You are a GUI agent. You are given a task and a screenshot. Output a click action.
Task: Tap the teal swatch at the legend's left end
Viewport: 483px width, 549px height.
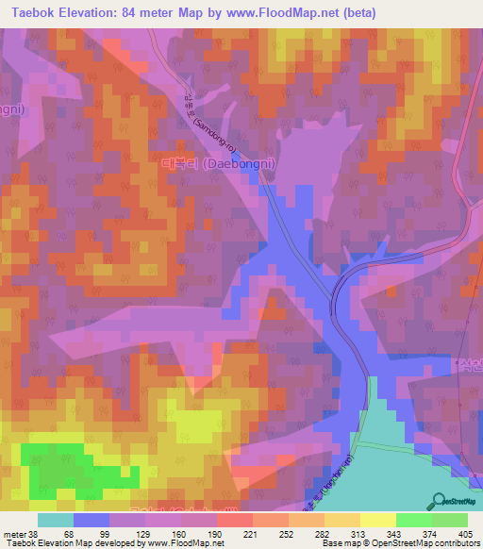(x=55, y=520)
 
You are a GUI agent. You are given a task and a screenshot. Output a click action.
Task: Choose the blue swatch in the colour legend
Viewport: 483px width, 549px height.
(x=91, y=520)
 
